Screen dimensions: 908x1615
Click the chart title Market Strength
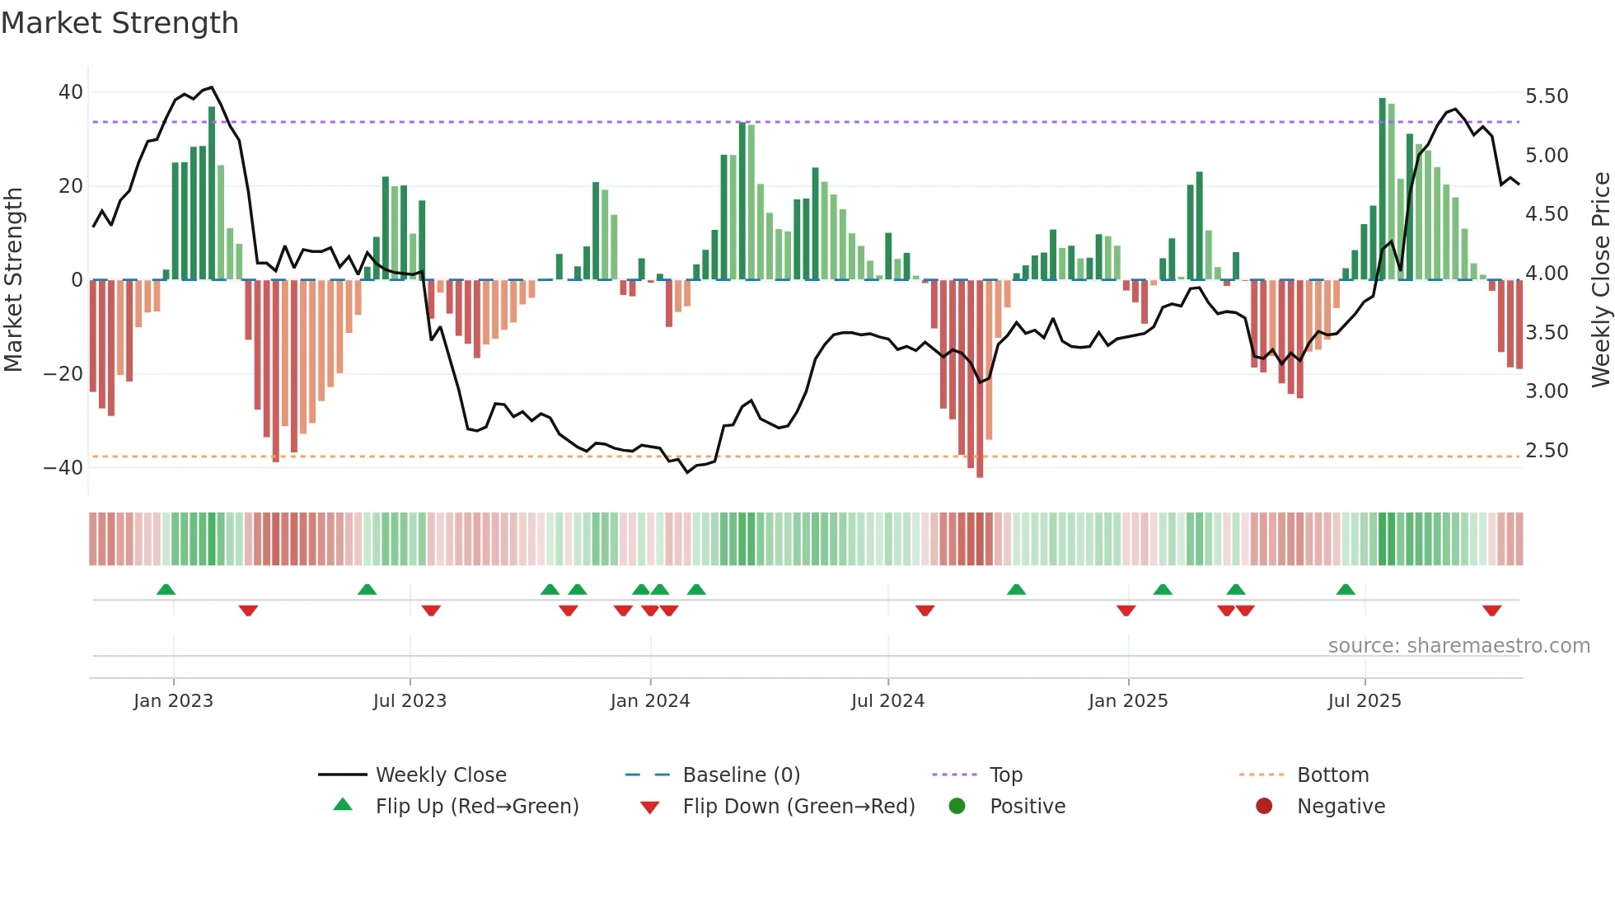(119, 23)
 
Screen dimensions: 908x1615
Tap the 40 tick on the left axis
(71, 92)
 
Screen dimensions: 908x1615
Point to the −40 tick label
(63, 468)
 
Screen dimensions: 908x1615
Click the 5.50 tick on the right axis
(1547, 96)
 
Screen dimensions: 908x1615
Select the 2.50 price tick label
(1547, 451)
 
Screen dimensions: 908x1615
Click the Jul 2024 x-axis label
(887, 701)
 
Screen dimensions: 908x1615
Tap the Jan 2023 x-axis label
(173, 701)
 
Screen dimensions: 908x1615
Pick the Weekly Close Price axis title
(1600, 280)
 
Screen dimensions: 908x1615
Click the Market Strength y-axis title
(13, 280)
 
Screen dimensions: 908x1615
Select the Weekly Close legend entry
(441, 775)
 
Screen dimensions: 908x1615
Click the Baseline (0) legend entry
(741, 775)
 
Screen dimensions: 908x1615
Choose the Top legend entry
(1005, 775)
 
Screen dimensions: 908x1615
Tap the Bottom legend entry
(1332, 775)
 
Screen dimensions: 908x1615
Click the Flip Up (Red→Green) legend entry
(476, 807)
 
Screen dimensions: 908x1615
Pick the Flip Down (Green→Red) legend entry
(798, 807)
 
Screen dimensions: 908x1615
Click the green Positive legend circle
(957, 806)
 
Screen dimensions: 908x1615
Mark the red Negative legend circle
(1264, 806)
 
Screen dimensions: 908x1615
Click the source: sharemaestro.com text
(1458, 646)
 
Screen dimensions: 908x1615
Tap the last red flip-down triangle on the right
(1491, 611)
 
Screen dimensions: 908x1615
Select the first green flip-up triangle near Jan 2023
(166, 589)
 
